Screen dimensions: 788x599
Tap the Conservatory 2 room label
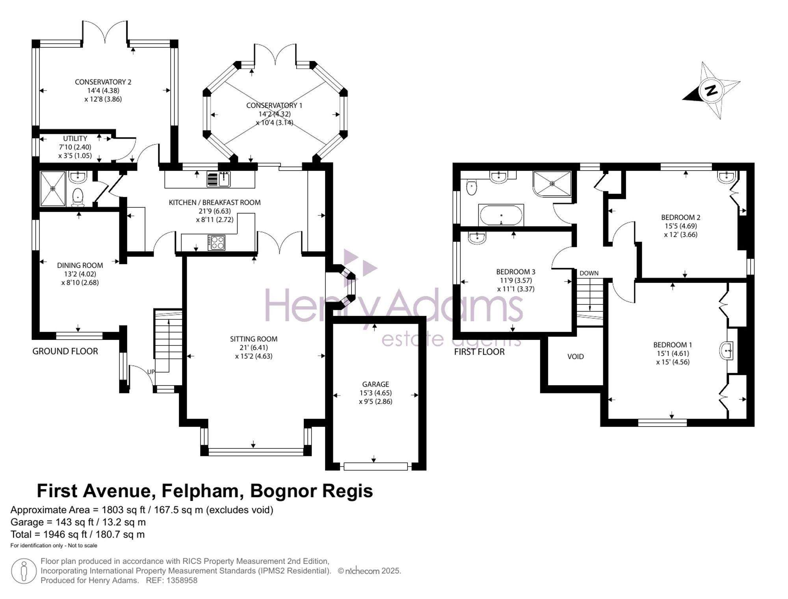click(x=103, y=82)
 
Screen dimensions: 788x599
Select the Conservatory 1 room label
click(x=274, y=106)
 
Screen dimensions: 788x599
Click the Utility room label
click(x=75, y=139)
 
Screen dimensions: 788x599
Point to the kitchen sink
click(x=219, y=179)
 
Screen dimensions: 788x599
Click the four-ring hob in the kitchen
click(x=216, y=243)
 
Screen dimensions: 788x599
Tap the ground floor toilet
click(x=78, y=197)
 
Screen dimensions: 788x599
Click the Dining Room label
click(x=80, y=265)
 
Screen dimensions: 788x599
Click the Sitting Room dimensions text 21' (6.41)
click(x=254, y=347)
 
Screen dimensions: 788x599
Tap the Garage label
click(x=375, y=384)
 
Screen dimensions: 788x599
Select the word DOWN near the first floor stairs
click(x=589, y=273)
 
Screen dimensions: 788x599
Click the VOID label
click(x=576, y=356)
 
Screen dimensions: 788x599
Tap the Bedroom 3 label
click(x=516, y=272)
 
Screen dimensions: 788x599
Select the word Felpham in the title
click(x=200, y=491)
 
